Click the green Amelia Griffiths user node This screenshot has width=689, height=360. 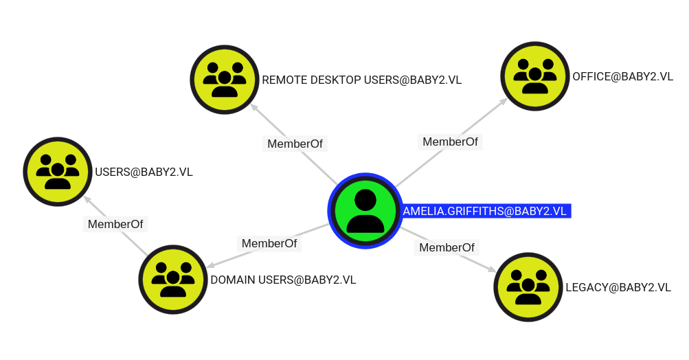pyautogui.click(x=365, y=211)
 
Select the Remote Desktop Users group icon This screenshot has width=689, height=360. pyautogui.click(x=225, y=80)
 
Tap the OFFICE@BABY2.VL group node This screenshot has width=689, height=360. pyautogui.click(x=535, y=76)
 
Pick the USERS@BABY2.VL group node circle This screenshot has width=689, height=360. pyautogui.click(x=58, y=172)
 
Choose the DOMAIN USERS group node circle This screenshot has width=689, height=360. pyautogui.click(x=173, y=280)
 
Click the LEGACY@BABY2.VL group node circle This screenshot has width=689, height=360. pyautogui.click(x=528, y=287)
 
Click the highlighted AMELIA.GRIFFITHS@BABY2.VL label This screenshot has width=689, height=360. pyautogui.click(x=485, y=211)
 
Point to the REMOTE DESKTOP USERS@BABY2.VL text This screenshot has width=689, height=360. pyautogui.click(x=361, y=80)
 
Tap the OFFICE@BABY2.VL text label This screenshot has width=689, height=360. pyautogui.click(x=622, y=76)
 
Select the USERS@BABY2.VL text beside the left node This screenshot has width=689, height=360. pyautogui.click(x=144, y=172)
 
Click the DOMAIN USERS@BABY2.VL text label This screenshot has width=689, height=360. pyautogui.click(x=283, y=280)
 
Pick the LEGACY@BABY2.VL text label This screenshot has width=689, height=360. pyautogui.click(x=618, y=287)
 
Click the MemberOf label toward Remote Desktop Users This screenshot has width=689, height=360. pyautogui.click(x=295, y=144)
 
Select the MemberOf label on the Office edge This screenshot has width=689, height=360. pyautogui.click(x=450, y=142)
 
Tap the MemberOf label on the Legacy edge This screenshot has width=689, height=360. pyautogui.click(x=447, y=247)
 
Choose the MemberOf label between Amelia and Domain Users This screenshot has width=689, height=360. pyautogui.click(x=269, y=243)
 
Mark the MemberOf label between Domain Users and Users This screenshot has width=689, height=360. pyautogui.click(x=115, y=224)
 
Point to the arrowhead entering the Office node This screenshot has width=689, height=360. pyautogui.click(x=504, y=102)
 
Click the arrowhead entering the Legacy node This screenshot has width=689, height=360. pyautogui.click(x=492, y=269)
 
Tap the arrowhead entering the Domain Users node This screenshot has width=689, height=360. pyautogui.click(x=211, y=265)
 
